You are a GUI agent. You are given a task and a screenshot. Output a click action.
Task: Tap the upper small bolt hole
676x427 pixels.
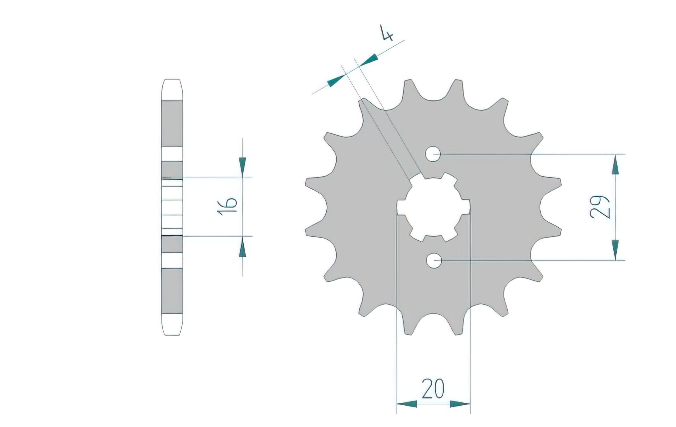[x=433, y=154]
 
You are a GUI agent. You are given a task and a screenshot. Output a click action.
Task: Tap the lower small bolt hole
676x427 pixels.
[x=434, y=260]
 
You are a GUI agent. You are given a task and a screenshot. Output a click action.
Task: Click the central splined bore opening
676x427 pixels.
[x=433, y=207]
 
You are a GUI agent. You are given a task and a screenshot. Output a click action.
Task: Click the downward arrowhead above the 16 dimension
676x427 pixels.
[x=243, y=166]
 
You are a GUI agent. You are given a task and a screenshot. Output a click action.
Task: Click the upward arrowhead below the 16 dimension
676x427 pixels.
[x=243, y=247]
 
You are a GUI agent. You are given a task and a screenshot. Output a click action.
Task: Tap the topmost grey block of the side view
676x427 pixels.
[x=172, y=124]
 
